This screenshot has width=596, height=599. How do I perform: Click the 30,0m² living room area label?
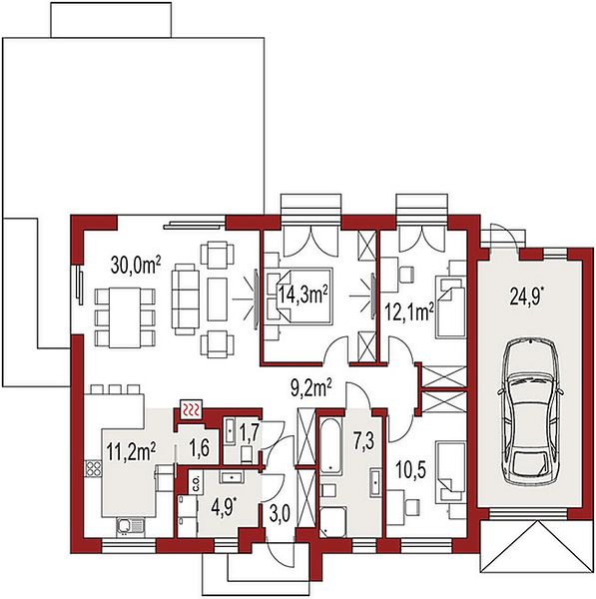136,265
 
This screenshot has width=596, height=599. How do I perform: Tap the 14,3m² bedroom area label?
302,295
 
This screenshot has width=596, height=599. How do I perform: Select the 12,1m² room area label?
408,311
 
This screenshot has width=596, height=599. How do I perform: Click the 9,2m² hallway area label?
311,388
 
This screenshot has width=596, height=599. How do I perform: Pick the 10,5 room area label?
410,469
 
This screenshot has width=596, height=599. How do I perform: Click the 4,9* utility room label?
224,507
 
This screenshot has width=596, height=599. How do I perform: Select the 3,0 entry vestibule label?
280,514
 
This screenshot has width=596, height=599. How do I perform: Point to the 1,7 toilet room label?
250,432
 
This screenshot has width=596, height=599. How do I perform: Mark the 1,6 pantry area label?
200,447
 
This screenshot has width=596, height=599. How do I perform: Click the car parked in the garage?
530,411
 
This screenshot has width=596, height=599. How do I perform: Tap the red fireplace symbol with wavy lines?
192,410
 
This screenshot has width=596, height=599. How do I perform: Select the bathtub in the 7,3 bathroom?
330,445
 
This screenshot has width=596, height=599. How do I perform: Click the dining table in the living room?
125,317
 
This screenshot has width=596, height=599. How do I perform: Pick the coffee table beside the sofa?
217,299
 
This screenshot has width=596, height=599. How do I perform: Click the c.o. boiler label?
197,483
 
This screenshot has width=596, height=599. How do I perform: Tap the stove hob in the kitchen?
93,468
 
